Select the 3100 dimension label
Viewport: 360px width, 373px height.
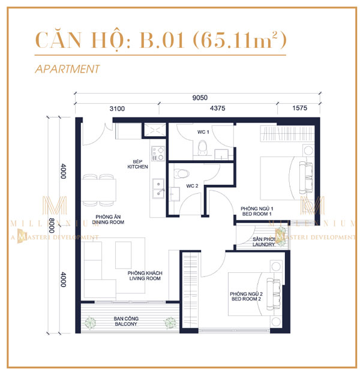(116, 109)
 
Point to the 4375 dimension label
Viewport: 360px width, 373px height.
(218, 109)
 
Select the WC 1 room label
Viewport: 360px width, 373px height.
(203, 132)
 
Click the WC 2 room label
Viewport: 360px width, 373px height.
(192, 186)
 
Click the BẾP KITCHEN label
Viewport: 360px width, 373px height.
(137, 164)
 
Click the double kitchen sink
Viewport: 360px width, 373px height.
(159, 192)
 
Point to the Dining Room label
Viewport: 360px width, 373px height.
(109, 219)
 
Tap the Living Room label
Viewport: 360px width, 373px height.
(145, 275)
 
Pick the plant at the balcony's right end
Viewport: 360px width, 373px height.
(170, 321)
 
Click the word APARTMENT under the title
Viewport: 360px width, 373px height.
(67, 69)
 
